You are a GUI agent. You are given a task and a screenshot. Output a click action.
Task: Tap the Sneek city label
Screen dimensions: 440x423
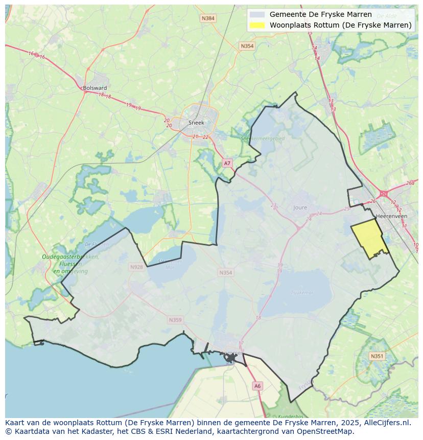point(196,123)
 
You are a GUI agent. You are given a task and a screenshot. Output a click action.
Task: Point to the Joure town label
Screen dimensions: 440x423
point(300,207)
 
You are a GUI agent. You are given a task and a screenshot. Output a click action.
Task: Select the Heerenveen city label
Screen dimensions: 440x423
point(391,216)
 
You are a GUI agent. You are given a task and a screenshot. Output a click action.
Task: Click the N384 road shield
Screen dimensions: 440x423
point(208,18)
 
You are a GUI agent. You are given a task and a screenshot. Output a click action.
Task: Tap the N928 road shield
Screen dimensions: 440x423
point(136,267)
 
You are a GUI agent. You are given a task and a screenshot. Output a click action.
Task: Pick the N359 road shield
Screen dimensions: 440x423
point(175,320)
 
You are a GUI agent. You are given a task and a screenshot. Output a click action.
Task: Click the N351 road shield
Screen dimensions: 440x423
point(377,356)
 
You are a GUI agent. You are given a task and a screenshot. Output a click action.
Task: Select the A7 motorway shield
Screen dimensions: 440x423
point(227,163)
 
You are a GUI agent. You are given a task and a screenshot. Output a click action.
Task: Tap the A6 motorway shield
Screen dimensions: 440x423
point(257,386)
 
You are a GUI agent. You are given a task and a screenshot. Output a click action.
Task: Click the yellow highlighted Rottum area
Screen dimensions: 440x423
point(369,239)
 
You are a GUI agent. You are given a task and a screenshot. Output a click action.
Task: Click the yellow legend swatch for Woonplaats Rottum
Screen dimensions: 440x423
point(257,25)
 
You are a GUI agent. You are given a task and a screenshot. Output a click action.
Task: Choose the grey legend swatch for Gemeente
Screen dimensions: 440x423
point(257,14)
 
